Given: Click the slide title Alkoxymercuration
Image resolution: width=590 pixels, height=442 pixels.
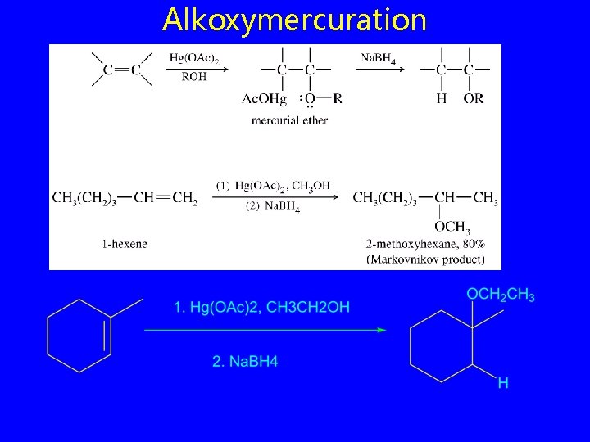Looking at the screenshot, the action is click(x=295, y=20).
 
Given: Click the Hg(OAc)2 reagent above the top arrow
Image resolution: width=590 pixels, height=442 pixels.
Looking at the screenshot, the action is click(x=194, y=57).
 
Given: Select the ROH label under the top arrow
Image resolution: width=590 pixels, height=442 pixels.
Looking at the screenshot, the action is click(x=194, y=77).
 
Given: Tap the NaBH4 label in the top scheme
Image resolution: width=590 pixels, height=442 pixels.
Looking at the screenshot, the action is click(x=380, y=57).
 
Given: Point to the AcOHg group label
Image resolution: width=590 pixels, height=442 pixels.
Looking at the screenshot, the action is click(x=264, y=99).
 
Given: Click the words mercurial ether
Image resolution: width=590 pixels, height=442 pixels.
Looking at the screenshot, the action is click(x=289, y=120).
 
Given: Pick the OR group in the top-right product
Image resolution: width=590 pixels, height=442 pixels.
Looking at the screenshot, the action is click(x=473, y=98).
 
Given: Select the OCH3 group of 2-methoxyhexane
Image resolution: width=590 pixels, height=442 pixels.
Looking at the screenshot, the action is click(x=452, y=227).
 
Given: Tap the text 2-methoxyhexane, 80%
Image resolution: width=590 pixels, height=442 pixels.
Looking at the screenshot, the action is click(x=426, y=244).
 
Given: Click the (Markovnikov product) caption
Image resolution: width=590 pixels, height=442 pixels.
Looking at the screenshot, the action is click(x=426, y=259).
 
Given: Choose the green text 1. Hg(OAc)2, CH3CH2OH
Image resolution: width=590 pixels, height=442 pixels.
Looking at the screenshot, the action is click(x=261, y=308).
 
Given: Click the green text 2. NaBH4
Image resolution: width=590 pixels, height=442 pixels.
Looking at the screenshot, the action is click(x=245, y=361).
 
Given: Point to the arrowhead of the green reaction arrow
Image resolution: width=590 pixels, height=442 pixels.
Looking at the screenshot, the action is click(x=381, y=330).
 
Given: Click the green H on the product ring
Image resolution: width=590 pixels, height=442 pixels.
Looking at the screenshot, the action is click(x=503, y=382).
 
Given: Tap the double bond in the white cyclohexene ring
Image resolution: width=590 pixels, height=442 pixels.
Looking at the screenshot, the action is click(x=107, y=336).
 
